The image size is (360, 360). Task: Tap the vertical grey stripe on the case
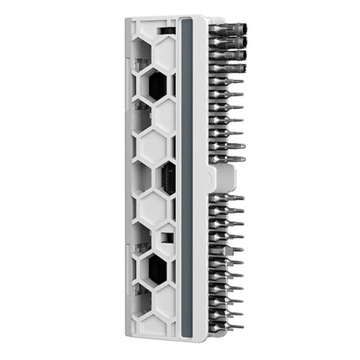coord(187,176)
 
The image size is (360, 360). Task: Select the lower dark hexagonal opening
coord(157,269)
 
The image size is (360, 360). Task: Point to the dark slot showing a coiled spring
coord(167,178)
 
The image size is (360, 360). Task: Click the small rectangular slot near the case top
coord(167,30)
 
